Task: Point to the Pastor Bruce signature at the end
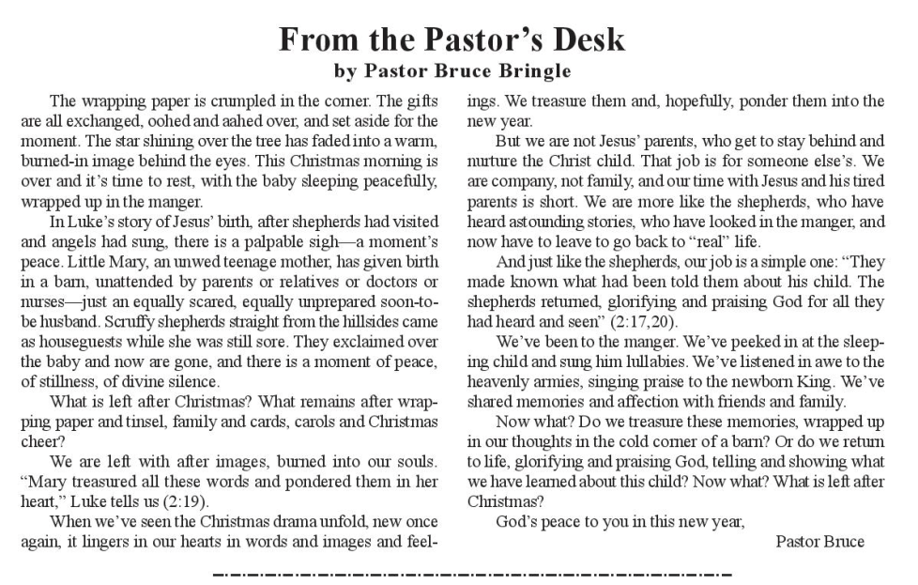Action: coord(819,541)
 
